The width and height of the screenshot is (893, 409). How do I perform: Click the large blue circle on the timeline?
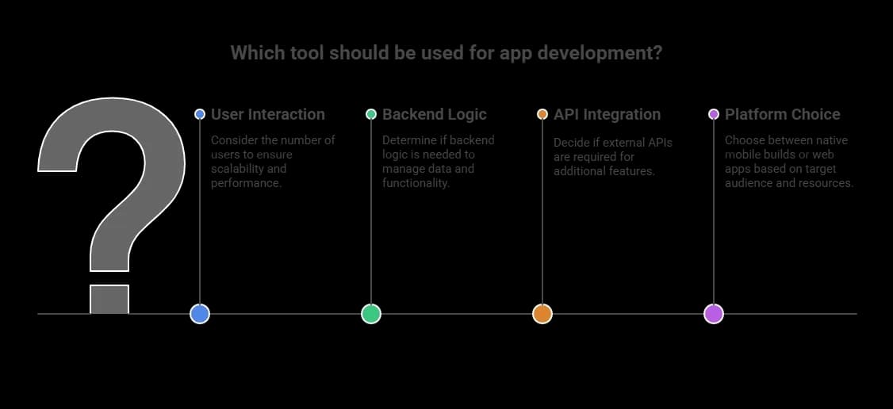(200, 314)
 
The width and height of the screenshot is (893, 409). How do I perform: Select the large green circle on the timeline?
(371, 314)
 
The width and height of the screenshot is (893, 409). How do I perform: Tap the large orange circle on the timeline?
(542, 314)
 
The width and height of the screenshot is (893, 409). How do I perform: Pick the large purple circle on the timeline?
(714, 314)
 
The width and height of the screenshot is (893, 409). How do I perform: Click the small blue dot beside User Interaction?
(200, 114)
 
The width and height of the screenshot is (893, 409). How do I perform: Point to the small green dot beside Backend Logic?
(371, 114)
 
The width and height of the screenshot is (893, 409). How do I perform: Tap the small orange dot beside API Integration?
(542, 114)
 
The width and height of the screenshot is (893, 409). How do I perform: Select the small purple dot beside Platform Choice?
(714, 114)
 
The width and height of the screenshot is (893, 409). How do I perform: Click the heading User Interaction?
(268, 114)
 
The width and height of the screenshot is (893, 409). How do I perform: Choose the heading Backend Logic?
(435, 114)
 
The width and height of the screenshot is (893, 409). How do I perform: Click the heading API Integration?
(607, 114)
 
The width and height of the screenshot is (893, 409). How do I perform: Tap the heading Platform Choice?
(783, 114)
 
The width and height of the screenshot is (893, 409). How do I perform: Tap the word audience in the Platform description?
(749, 183)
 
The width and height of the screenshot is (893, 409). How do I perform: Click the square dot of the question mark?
(109, 299)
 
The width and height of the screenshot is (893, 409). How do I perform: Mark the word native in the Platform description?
(830, 140)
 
